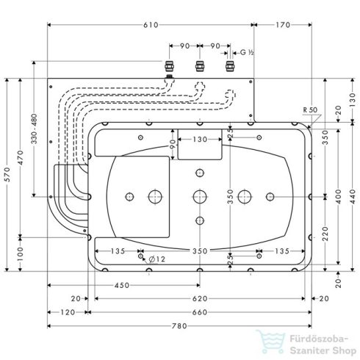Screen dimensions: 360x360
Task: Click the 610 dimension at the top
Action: coord(151,24)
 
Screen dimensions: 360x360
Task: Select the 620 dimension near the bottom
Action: coord(200,299)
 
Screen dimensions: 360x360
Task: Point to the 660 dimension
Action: coord(200,312)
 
